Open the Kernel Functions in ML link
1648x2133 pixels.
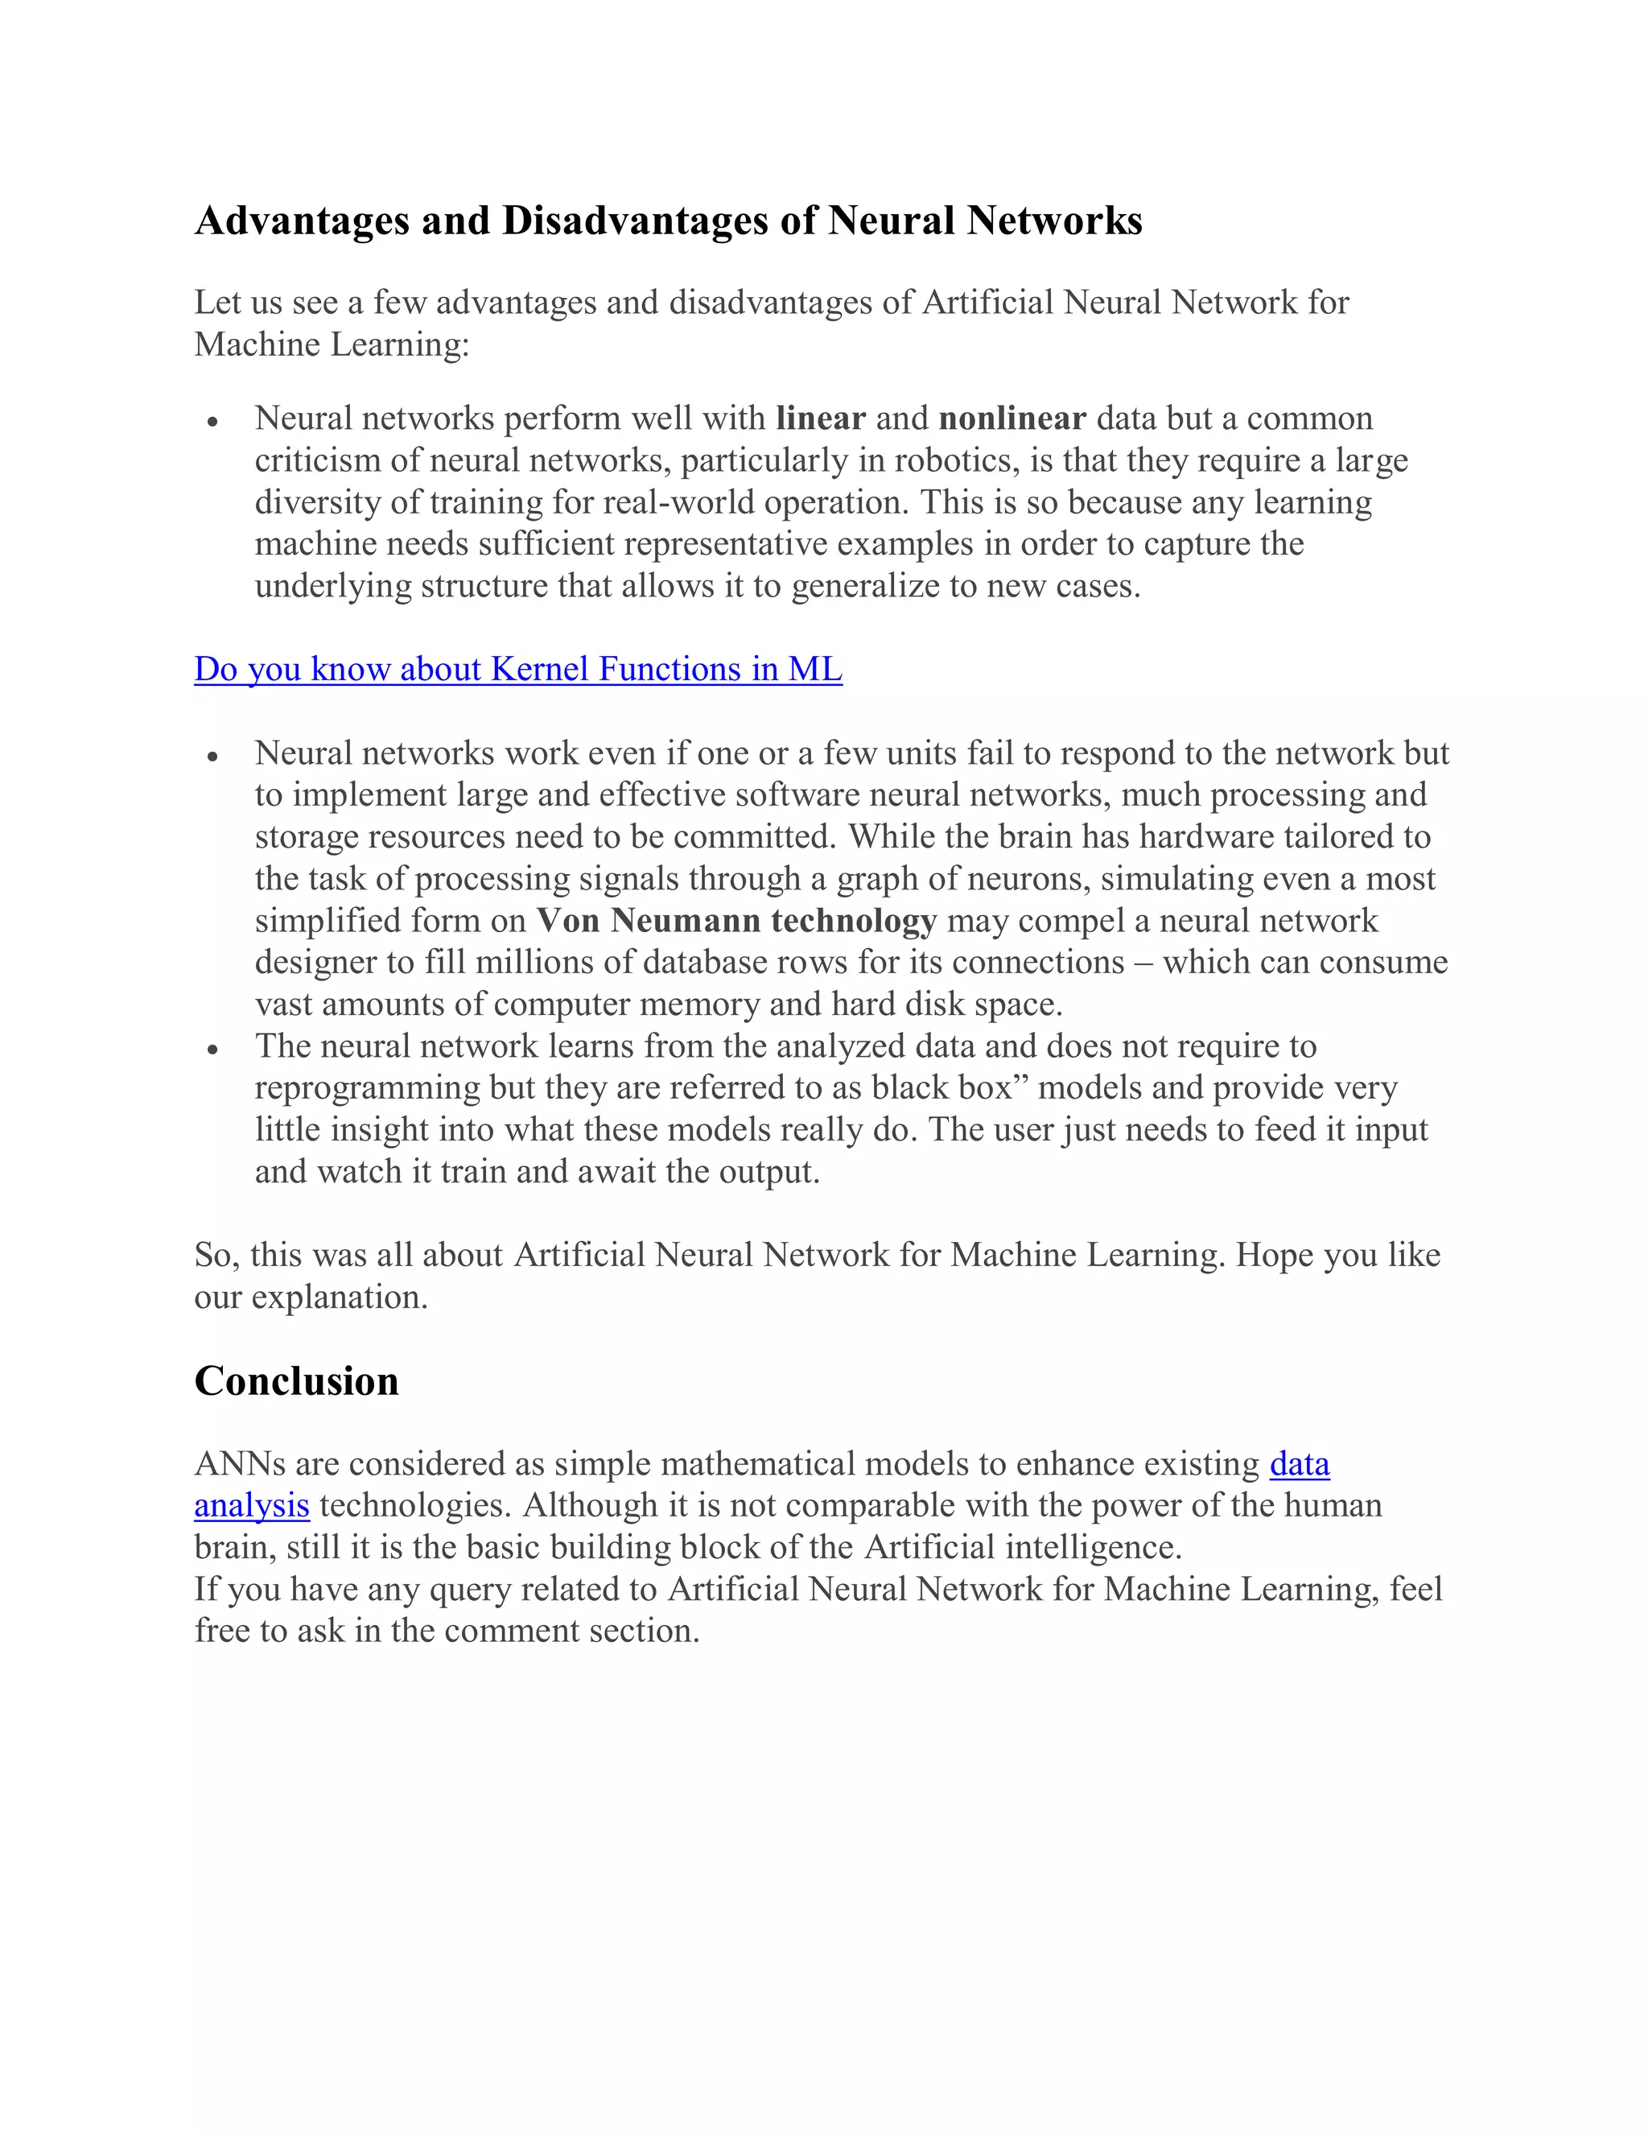point(517,669)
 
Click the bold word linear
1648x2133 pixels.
point(820,418)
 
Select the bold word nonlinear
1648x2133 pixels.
point(1011,418)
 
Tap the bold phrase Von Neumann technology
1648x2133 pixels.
point(736,920)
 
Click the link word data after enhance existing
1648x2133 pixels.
point(1299,1464)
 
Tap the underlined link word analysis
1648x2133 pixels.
point(251,1505)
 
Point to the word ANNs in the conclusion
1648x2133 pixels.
point(239,1464)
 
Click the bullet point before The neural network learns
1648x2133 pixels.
point(212,1049)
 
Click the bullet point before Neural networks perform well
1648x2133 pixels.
point(212,421)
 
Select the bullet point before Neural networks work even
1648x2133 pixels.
point(212,756)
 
